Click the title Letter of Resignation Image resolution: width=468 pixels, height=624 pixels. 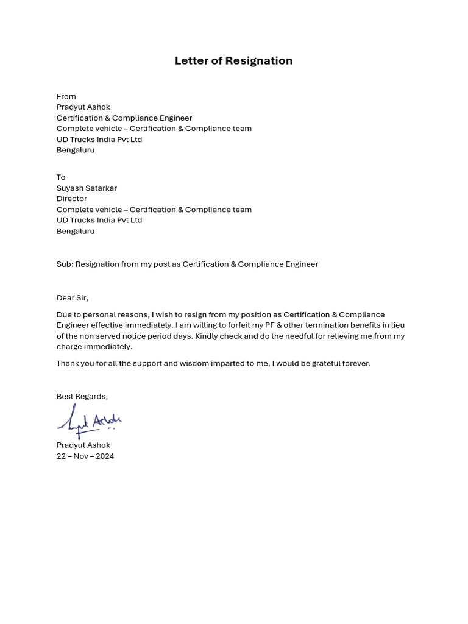coord(233,61)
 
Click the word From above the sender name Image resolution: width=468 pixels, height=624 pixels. coord(66,96)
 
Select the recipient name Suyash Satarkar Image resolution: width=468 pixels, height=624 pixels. coord(87,188)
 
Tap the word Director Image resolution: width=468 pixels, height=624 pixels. coord(72,199)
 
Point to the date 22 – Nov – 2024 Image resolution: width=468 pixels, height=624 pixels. coord(85,456)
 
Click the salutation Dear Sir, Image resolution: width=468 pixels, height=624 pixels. coord(73,298)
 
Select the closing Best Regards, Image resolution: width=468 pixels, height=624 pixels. coord(82,397)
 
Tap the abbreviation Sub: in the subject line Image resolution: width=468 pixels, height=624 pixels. coord(65,264)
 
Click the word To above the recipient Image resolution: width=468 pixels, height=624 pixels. coord(61,177)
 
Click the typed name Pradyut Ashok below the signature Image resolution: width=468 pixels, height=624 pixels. coord(83,445)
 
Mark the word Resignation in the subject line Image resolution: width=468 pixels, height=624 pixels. coord(97,264)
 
